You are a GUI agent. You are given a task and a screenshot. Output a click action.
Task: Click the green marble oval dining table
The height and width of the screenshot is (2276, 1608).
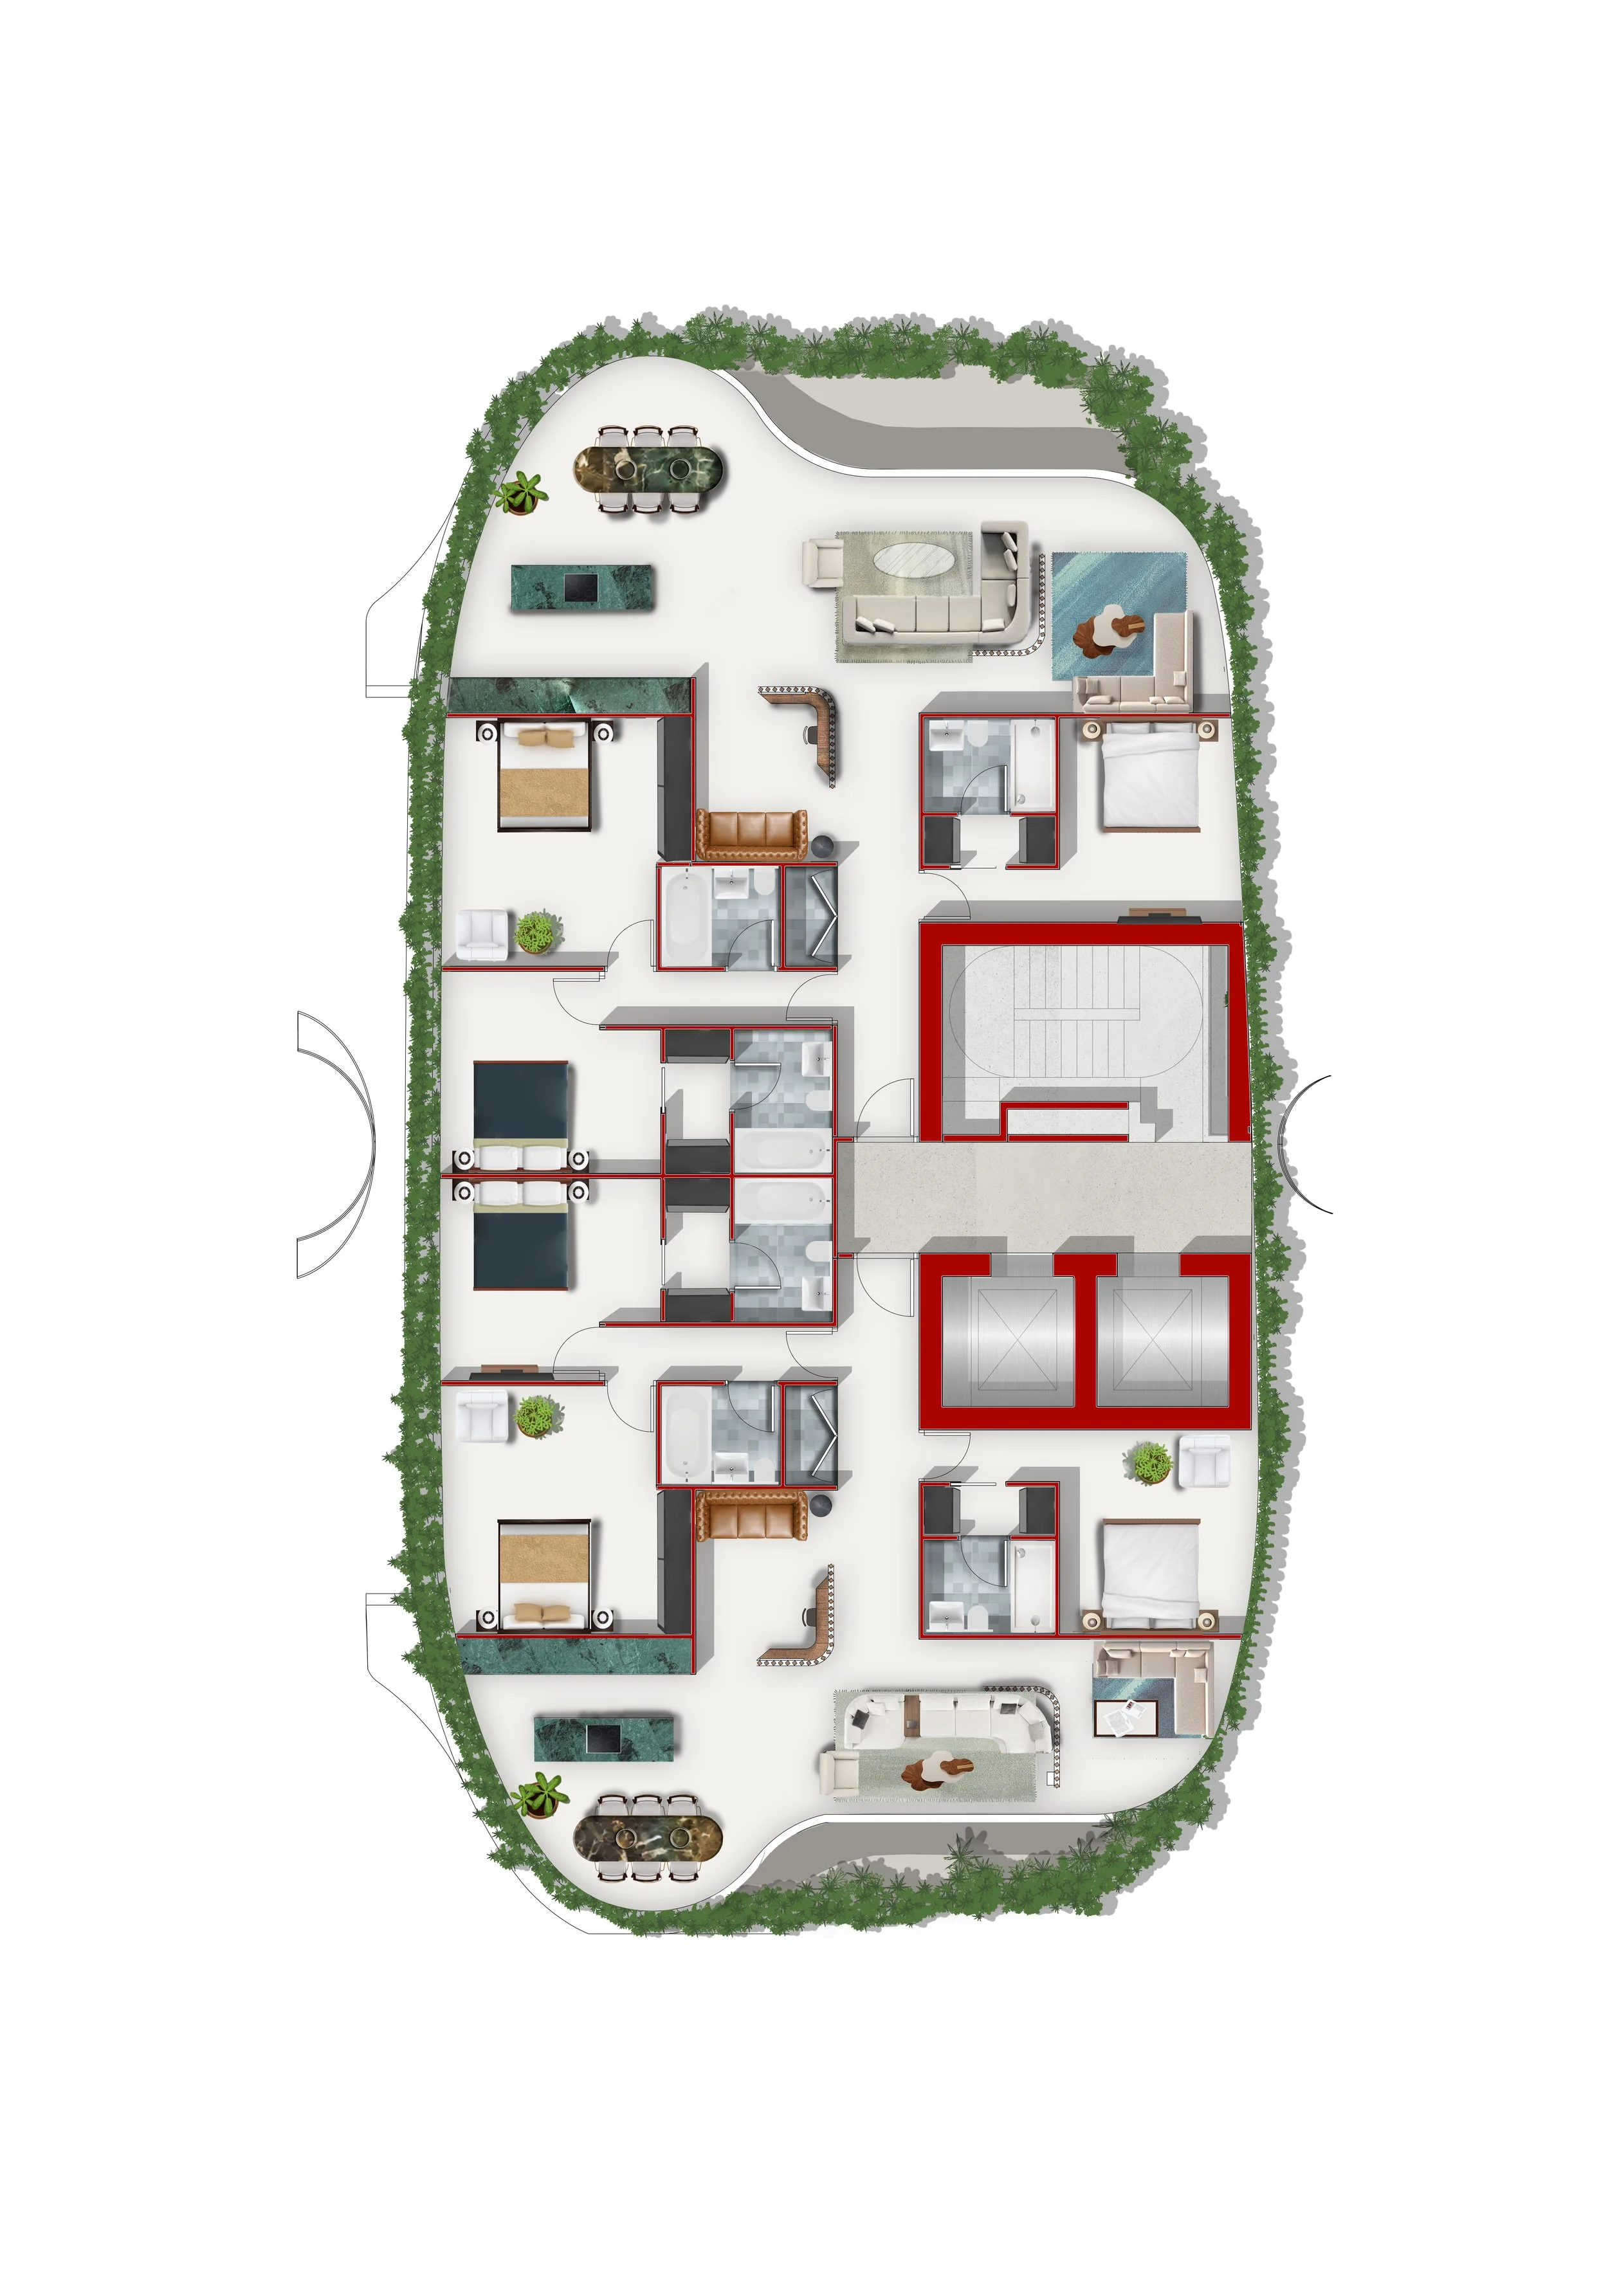(x=650, y=469)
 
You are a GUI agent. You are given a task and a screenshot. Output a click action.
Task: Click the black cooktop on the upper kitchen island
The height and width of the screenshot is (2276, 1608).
(x=580, y=588)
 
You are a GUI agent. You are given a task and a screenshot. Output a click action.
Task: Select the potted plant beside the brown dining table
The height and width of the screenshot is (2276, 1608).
(x=542, y=1795)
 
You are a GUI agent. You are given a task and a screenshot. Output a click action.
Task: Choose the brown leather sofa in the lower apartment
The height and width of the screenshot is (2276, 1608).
(x=751, y=1514)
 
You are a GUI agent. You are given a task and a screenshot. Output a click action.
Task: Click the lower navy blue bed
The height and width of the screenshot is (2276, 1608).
(x=522, y=1240)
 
